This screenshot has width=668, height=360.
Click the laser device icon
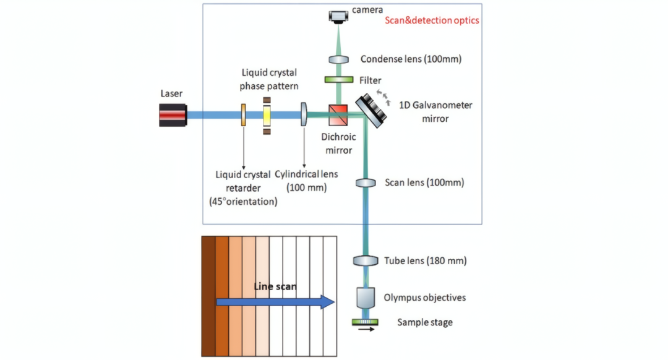[173, 115]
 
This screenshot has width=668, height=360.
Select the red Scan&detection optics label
[432, 20]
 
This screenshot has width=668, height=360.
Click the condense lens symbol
[338, 59]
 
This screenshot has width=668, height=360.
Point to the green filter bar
[338, 80]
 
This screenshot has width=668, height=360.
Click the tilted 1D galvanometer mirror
[372, 108]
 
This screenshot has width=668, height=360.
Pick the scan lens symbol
[366, 183]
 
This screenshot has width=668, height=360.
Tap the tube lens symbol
[366, 260]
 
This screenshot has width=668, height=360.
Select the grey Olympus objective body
[366, 299]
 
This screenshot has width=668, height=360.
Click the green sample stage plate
[366, 322]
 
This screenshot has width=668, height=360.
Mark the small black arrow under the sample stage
[366, 330]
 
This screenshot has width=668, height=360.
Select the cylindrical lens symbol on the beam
[304, 115]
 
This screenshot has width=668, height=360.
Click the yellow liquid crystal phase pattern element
[267, 115]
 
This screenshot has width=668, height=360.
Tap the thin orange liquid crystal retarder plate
[244, 115]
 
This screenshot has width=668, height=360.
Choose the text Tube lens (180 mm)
[426, 261]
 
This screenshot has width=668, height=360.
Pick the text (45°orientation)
[243, 202]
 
